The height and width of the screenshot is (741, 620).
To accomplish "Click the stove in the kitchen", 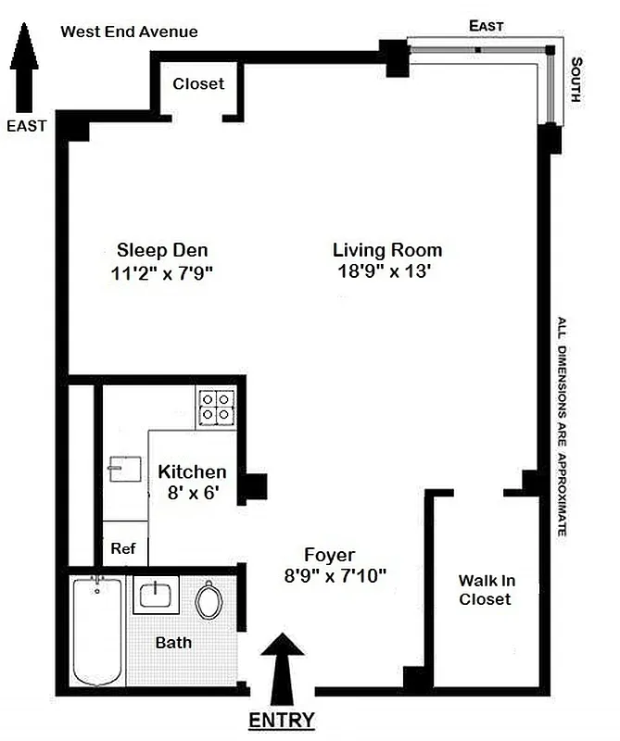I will click(216, 408).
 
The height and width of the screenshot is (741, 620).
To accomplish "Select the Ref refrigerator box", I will click(123, 547).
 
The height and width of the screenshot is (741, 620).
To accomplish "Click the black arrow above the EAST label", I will click(25, 50).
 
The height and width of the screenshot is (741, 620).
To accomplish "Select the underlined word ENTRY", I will click(282, 721).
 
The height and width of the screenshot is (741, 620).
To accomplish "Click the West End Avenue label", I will click(129, 31).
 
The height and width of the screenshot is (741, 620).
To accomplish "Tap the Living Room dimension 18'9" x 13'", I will click(386, 271).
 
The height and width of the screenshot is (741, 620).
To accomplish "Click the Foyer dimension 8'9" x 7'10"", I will click(335, 574).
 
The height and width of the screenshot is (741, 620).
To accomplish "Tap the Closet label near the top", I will click(198, 83).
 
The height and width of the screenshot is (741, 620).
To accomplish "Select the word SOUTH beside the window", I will click(576, 81).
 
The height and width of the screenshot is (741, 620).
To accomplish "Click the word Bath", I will click(173, 642).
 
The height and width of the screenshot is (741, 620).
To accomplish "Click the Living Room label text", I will click(386, 250).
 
